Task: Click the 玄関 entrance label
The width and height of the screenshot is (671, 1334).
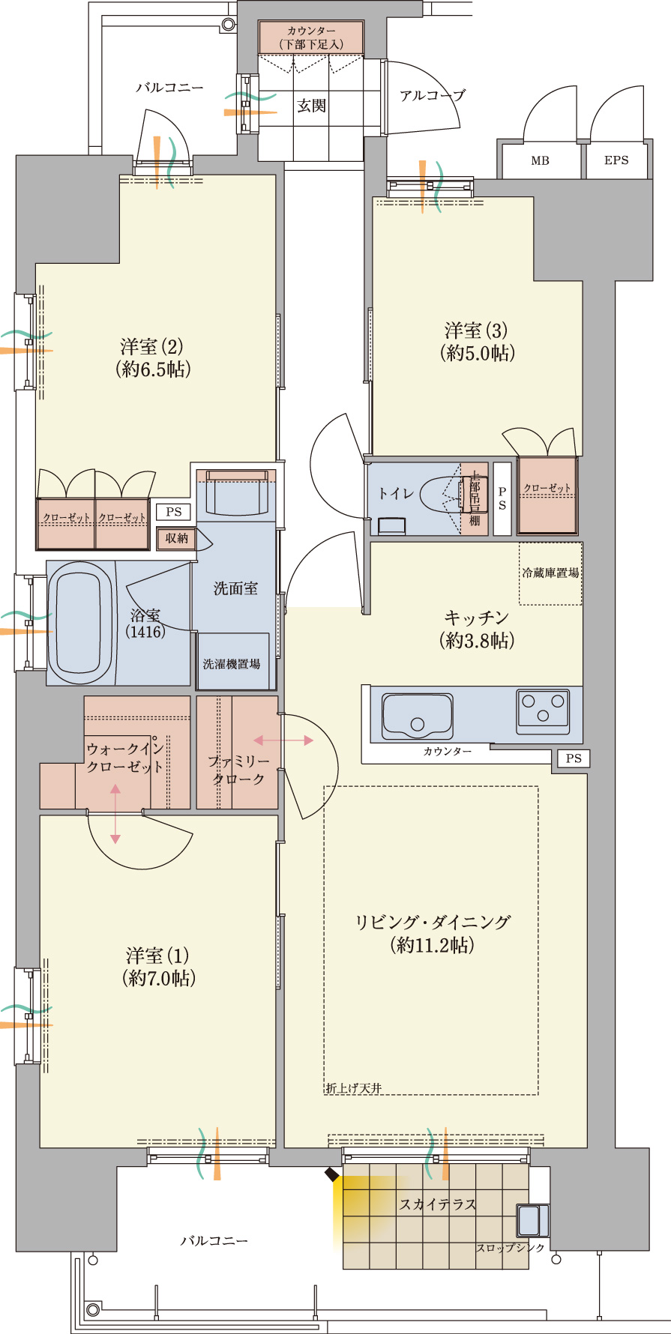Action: coord(311,106)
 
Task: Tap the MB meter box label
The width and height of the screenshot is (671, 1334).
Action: coord(540,160)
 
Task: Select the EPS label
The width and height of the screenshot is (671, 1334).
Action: coord(616,160)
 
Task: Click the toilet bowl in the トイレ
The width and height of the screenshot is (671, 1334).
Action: coord(439,495)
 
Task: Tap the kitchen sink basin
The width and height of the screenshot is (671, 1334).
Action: coord(418,716)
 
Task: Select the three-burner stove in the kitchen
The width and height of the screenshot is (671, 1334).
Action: coord(543,709)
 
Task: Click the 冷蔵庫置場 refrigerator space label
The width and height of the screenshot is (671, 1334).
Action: coord(550,573)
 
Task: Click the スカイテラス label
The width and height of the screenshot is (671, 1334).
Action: coord(438,1204)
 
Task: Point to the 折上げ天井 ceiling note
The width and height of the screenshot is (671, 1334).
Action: coord(353,1088)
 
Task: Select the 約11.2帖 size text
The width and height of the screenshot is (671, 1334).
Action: coord(433,945)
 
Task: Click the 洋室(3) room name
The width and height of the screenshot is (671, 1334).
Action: coord(476,331)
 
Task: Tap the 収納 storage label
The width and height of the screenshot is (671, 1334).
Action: coord(177,538)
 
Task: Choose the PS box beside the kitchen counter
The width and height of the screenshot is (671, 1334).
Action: coord(574,758)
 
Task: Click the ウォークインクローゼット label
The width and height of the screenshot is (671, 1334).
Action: coord(124,758)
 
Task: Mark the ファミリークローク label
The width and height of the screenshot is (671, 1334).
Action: coord(238,770)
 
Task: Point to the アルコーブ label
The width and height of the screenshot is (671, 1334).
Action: coord(432,96)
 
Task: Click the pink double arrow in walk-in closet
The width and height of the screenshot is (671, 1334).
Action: coord(115,814)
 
